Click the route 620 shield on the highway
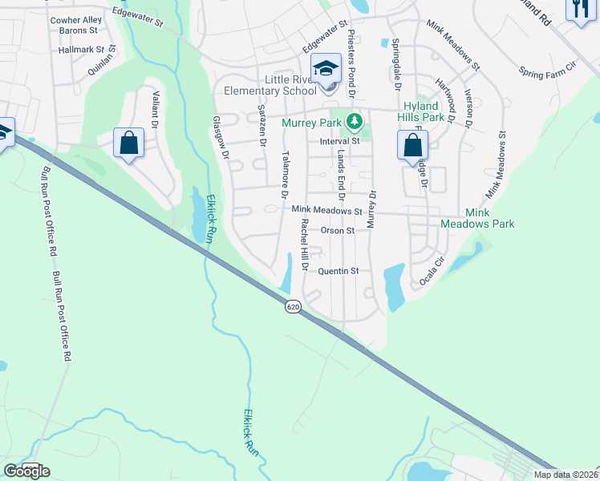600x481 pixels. tap(294, 306)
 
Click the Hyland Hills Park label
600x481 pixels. tap(421, 111)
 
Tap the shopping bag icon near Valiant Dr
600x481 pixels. tap(128, 143)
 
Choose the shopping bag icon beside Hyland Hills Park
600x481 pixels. tap(412, 146)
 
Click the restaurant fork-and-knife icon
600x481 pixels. tap(580, 10)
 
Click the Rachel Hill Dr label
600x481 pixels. tap(305, 245)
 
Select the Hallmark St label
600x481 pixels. tap(78, 50)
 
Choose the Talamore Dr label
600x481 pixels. tap(284, 175)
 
